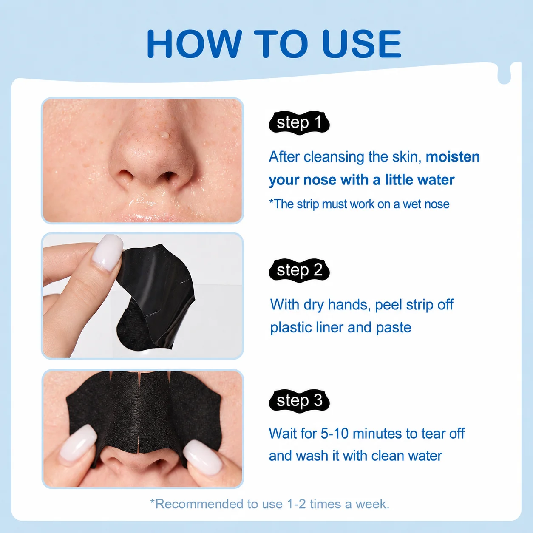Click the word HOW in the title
(194, 44)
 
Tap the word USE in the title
(362, 44)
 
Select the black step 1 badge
(299, 122)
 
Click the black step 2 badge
(299, 270)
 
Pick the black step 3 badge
(299, 401)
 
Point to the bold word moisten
(453, 157)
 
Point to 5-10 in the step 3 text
(335, 434)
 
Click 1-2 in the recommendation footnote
(296, 504)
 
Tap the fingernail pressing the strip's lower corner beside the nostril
(202, 457)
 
